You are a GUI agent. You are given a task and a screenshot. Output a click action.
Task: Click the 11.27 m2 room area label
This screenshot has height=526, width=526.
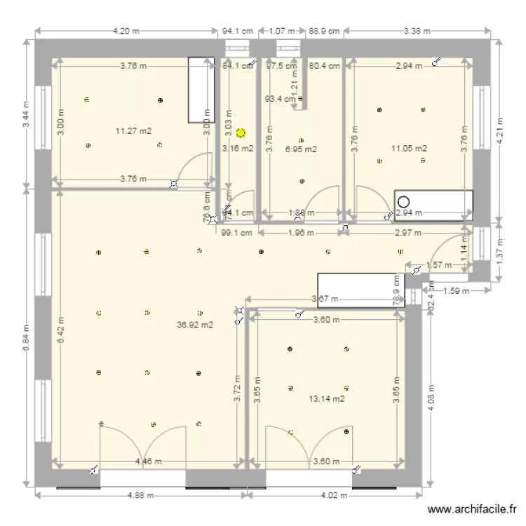click(133, 130)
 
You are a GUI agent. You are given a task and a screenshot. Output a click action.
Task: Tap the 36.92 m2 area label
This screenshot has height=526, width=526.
click(196, 325)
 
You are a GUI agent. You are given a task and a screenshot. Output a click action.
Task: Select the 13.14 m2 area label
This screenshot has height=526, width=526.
click(326, 399)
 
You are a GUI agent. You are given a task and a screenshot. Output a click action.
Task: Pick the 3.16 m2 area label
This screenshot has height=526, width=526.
click(238, 148)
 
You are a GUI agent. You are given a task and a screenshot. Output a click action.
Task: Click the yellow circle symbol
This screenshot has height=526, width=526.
click(241, 132)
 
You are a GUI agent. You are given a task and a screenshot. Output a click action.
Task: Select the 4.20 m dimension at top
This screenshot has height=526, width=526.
click(126, 31)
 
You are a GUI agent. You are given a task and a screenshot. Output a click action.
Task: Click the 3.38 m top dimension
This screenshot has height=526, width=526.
click(417, 31)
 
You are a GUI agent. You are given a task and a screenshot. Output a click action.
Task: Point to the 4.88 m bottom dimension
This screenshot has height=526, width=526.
click(141, 494)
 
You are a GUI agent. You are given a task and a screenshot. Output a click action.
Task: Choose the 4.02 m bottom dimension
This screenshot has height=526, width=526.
click(333, 494)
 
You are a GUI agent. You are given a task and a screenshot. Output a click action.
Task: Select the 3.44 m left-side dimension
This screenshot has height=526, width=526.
click(27, 114)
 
